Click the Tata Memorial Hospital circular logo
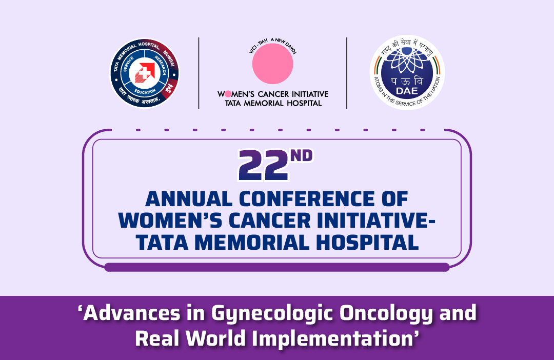(x=145, y=73)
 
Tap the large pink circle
(x=272, y=64)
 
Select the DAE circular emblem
(x=407, y=73)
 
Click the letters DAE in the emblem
(x=407, y=91)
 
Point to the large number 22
(x=263, y=165)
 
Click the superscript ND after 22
(x=302, y=155)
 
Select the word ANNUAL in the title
(x=189, y=199)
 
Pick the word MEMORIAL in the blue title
(x=251, y=243)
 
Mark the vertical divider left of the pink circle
(x=199, y=73)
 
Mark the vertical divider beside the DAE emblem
(x=347, y=73)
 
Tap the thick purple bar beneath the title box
(x=277, y=268)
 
